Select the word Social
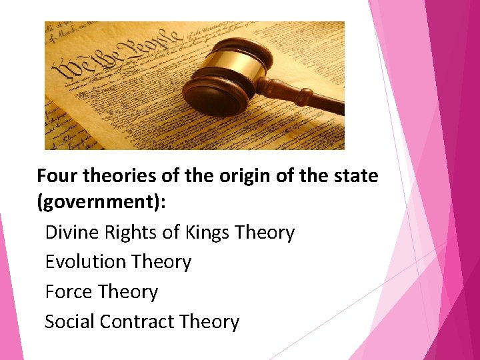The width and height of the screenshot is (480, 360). pyautogui.click(x=69, y=321)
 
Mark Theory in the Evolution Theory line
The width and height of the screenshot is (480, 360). pyautogui.click(x=161, y=262)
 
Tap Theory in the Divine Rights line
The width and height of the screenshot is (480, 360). pyautogui.click(x=265, y=233)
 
